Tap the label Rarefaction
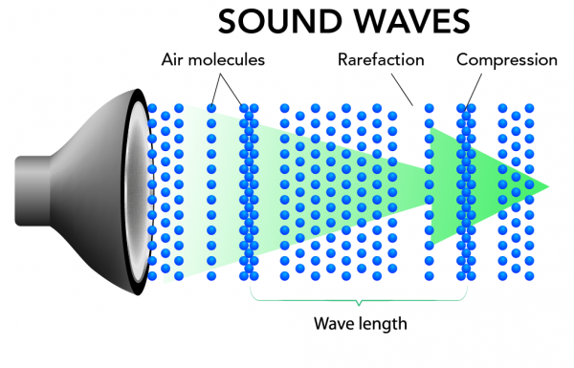point(380,60)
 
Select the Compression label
point(506,60)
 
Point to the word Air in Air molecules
point(175,60)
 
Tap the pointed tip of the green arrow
point(548,184)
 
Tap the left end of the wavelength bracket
point(252,287)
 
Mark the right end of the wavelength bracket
point(467,287)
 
